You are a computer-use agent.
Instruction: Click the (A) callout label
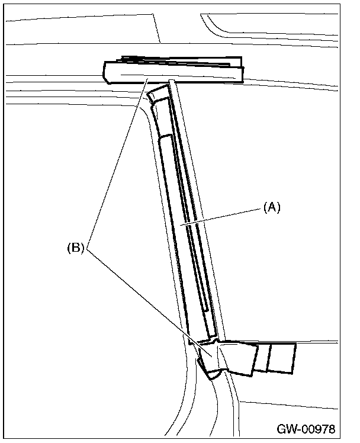[271, 207]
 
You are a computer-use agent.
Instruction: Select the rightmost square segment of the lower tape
[282, 359]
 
